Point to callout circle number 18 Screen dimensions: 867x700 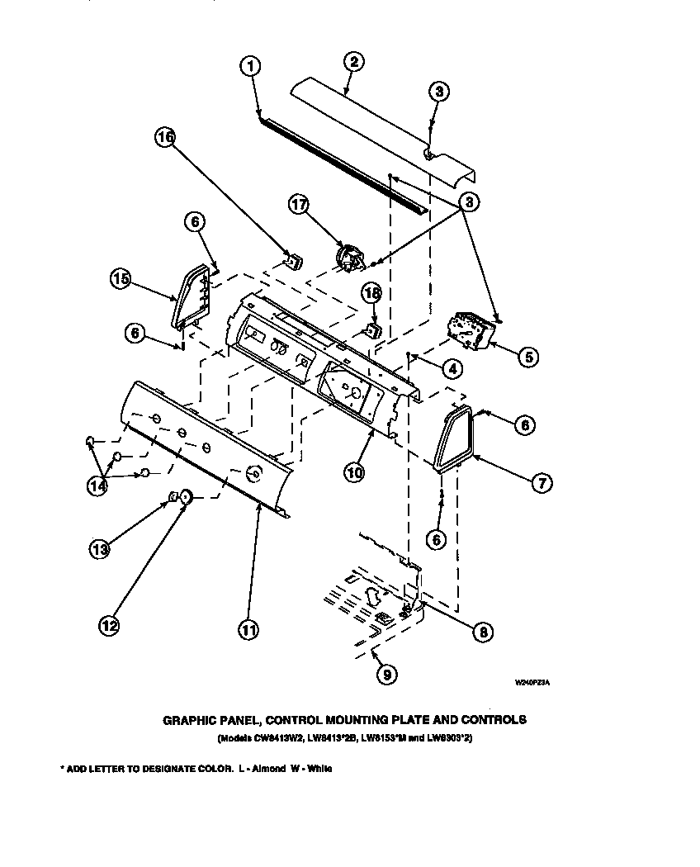[372, 294]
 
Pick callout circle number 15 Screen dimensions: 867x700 [121, 279]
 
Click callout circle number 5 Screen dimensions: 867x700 [527, 356]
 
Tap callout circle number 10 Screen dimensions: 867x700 [354, 472]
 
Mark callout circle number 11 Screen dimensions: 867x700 [248, 629]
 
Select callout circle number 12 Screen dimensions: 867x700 [108, 626]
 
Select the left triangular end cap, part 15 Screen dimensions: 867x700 [192, 295]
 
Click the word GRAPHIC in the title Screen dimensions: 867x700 [192, 719]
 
